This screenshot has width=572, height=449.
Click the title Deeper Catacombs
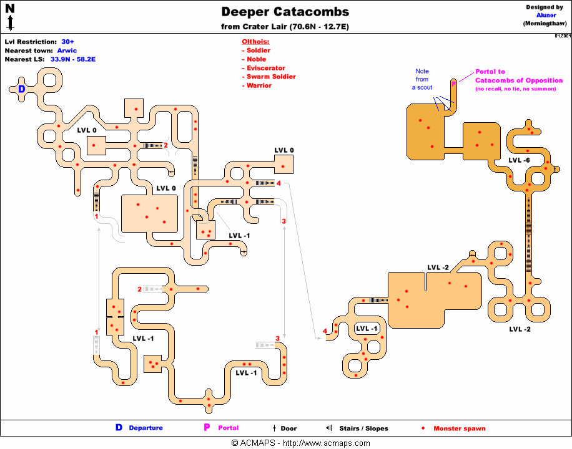pyautogui.click(x=285, y=12)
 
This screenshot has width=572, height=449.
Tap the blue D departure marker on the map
pyautogui.click(x=21, y=89)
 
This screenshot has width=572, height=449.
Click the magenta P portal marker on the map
pyautogui.click(x=454, y=81)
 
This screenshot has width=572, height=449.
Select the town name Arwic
pyautogui.click(x=67, y=51)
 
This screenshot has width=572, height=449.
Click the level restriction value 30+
pyautogui.click(x=68, y=42)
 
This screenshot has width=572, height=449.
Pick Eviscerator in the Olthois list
pyautogui.click(x=265, y=68)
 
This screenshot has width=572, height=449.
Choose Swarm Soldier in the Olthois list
pyautogui.click(x=271, y=77)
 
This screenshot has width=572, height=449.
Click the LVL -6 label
pyautogui.click(x=519, y=160)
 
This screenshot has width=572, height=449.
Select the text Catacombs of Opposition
pyautogui.click(x=518, y=80)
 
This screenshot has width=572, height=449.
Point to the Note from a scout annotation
pyautogui.click(x=423, y=79)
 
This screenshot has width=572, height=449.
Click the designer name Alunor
pyautogui.click(x=546, y=15)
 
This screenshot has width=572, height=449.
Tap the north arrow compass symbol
pyautogui.click(x=10, y=16)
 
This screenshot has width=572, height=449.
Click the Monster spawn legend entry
pyautogui.click(x=459, y=428)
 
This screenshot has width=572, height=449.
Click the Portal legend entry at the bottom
pyautogui.click(x=228, y=428)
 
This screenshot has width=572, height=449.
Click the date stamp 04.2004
pyautogui.click(x=561, y=36)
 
